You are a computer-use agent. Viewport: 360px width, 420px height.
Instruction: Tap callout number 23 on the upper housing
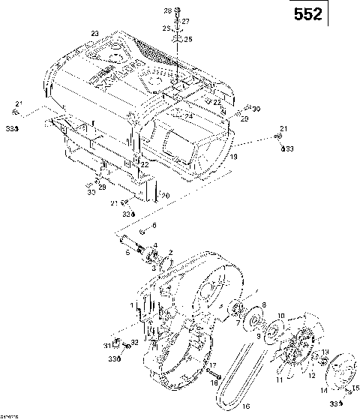94,33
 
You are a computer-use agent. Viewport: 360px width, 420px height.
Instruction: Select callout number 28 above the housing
168,10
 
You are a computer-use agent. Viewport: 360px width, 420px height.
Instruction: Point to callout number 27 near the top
185,21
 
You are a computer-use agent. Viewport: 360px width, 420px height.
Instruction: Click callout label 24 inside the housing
189,117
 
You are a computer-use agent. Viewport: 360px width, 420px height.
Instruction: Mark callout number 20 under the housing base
165,196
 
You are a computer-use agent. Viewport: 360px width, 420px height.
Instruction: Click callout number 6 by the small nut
154,225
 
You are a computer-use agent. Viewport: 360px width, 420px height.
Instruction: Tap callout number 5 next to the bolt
127,253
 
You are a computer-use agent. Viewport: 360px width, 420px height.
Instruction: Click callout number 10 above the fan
281,316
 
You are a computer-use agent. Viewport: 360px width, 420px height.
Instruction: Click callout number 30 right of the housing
256,109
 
